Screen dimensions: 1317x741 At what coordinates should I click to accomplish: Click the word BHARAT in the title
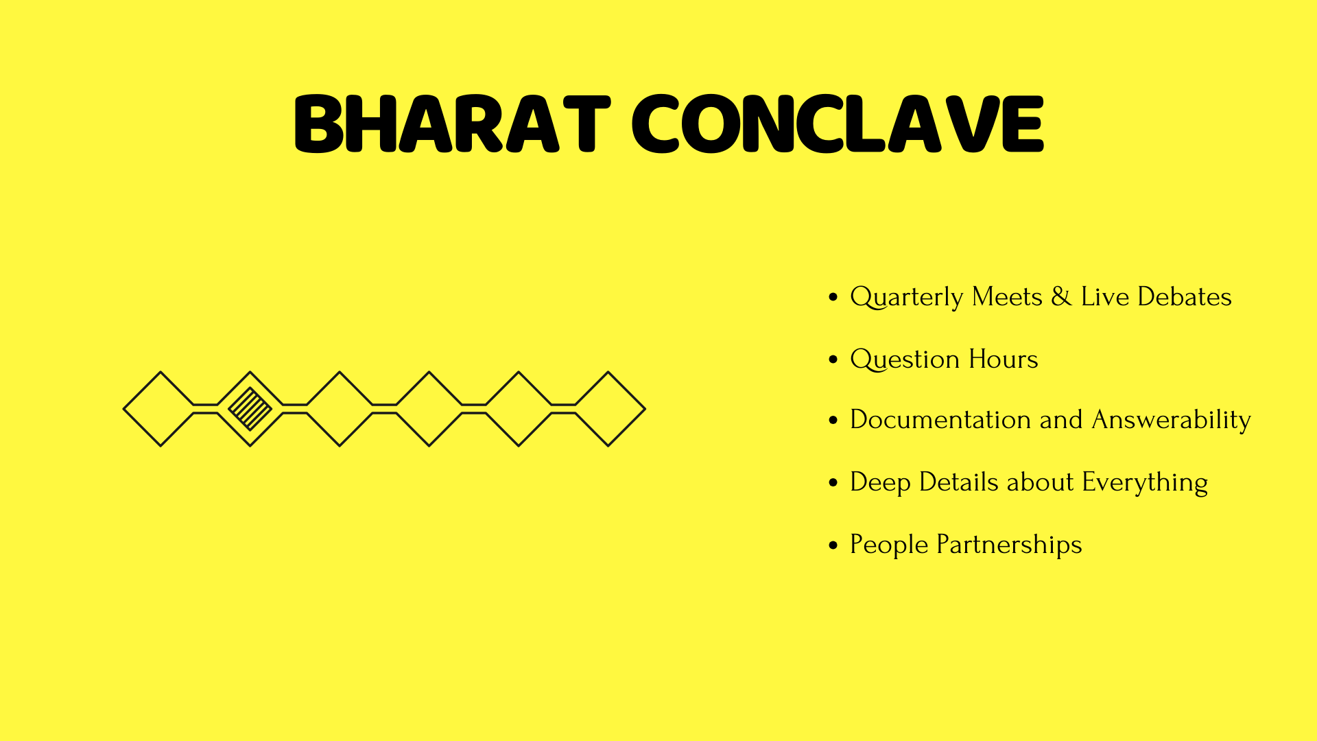point(452,123)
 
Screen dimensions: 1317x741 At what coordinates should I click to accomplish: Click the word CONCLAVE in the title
point(838,123)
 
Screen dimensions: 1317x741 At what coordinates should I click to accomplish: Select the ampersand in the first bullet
point(1061,296)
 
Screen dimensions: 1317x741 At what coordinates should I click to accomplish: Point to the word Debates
point(1185,296)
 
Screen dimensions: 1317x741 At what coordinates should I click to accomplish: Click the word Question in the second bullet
point(905,360)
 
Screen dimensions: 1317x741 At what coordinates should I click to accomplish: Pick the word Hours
point(1004,359)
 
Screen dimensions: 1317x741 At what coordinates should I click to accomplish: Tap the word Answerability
point(1172,421)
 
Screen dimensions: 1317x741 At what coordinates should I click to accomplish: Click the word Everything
point(1145,483)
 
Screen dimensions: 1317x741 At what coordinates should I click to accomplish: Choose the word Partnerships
point(1009,545)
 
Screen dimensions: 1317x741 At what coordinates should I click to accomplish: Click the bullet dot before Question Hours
point(833,360)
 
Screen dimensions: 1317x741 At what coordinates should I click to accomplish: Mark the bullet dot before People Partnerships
point(833,545)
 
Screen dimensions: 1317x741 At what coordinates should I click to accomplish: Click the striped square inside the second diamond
point(250,409)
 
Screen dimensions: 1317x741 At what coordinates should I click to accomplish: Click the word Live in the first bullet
point(1104,296)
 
